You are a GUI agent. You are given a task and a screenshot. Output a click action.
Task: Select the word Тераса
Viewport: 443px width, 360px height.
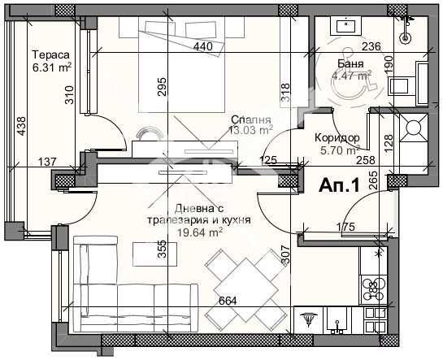coord(50,55)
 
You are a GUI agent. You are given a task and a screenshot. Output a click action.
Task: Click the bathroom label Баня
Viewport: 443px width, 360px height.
coord(351,65)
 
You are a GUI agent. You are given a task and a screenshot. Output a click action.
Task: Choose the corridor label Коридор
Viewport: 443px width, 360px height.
coord(338,137)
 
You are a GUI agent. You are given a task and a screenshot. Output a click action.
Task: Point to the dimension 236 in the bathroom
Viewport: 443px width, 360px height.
coord(371,46)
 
